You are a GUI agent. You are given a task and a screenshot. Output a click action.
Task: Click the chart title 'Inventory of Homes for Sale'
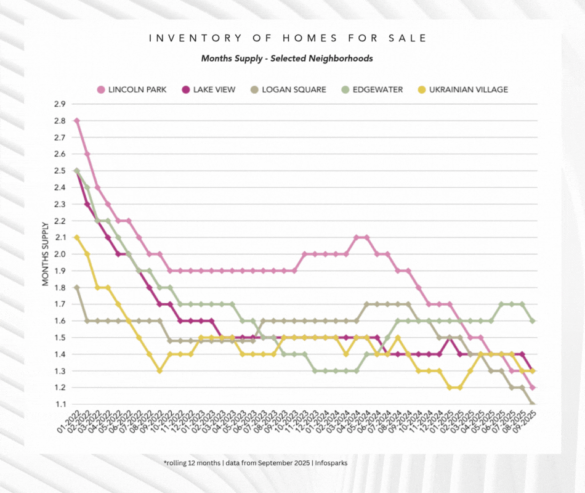(288, 38)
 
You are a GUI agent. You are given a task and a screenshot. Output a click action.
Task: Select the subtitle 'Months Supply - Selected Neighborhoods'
(287, 59)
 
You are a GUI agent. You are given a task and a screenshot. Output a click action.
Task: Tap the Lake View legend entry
(209, 89)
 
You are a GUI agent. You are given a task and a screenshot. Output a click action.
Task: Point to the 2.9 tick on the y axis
(60, 104)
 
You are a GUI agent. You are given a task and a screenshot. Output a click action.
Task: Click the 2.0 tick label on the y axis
(60, 254)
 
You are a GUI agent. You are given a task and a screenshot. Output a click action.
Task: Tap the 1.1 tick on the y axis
(60, 404)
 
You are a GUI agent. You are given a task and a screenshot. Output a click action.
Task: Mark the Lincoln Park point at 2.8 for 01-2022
(76, 121)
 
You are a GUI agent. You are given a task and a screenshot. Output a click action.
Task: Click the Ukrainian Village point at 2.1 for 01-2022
(76, 237)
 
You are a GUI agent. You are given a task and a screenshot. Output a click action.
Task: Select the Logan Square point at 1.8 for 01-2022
(76, 287)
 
